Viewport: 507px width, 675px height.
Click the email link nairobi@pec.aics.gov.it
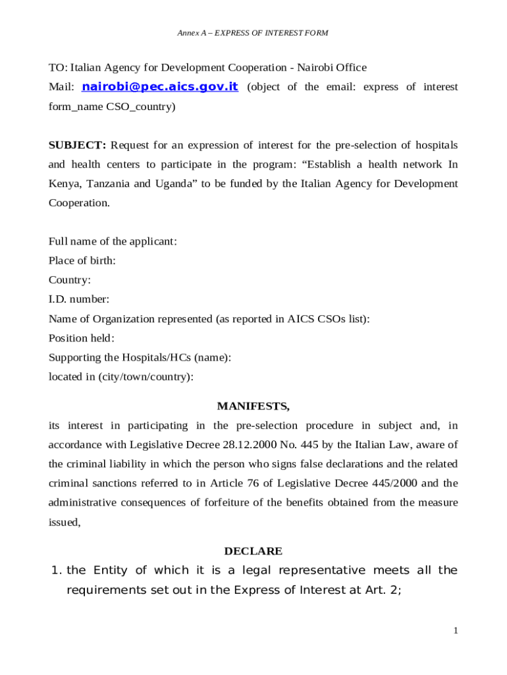159,87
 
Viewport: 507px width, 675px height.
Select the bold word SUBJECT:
77,145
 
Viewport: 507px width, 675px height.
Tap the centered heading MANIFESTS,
254,405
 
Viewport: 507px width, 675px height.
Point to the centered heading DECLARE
254,550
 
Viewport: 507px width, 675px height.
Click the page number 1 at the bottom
455,631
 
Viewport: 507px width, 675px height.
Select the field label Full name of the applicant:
113,241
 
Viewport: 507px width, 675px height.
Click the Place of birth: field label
82,260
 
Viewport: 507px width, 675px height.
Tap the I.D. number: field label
79,299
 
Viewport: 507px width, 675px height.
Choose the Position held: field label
82,338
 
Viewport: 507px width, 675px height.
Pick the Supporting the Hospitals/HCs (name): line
140,357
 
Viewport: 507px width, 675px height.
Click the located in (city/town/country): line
121,377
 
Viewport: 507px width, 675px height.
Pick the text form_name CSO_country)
112,106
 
